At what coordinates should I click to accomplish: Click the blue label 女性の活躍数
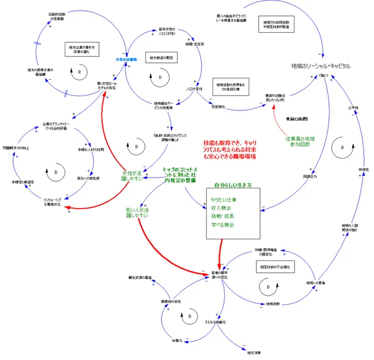tap(126, 59)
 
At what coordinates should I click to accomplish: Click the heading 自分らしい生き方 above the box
tap(233, 185)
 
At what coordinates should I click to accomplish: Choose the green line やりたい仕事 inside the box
tap(223, 200)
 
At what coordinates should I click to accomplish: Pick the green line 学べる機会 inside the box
tap(221, 225)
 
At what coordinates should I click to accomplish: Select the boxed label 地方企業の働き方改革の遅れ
tap(82, 49)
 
